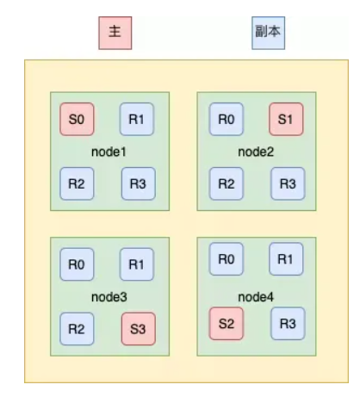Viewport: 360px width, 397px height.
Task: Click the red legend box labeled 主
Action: pos(115,33)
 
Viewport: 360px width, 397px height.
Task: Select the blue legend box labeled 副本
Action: pos(269,33)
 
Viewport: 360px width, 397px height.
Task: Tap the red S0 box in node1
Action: pos(77,119)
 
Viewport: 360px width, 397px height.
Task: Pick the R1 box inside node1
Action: pos(137,119)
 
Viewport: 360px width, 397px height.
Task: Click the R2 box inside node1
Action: pos(77,183)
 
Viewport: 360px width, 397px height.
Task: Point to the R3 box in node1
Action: pos(139,183)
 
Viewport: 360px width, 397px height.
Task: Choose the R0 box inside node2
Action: pos(227,119)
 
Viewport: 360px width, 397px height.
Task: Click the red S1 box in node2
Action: pos(286,119)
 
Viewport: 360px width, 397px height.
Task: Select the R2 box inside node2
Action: pos(227,183)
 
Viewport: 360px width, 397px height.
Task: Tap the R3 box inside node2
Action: pos(288,183)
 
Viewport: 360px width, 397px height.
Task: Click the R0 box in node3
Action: pos(77,264)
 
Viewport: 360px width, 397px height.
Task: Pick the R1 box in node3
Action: pos(137,264)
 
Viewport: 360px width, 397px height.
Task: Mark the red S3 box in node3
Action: pos(139,329)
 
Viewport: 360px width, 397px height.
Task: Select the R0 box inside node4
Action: pos(227,259)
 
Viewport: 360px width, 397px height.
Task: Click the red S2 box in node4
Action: pos(227,324)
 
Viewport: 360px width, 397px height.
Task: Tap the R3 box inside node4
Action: pos(288,324)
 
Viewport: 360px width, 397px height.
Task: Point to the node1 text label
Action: pos(109,152)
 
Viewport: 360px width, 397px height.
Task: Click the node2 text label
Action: pos(256,152)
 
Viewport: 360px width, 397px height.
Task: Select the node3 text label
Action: pos(109,297)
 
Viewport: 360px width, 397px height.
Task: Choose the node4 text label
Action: pos(256,297)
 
